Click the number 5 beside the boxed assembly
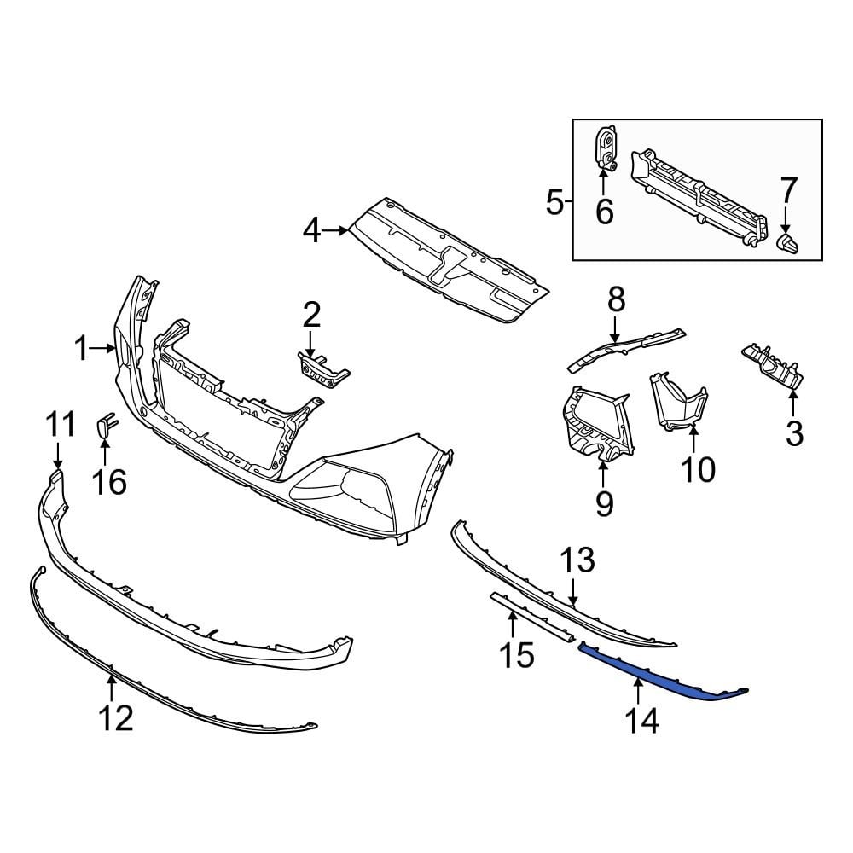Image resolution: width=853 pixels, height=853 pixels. tap(554, 203)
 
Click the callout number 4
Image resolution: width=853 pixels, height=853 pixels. tap(312, 229)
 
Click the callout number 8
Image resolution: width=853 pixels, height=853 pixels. tap(616, 300)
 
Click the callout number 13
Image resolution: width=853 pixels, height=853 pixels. tap(577, 562)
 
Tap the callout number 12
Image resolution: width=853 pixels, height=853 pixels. tap(115, 718)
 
